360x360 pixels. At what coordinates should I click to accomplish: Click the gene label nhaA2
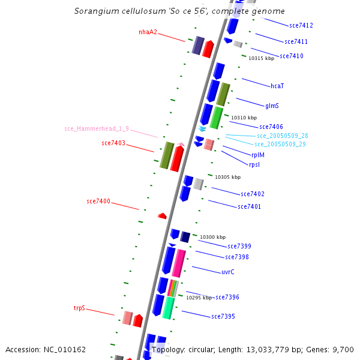[x=148, y=32]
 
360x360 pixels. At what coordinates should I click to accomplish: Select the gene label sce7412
[x=301, y=25]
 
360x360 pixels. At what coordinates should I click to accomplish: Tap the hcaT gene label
[x=277, y=86]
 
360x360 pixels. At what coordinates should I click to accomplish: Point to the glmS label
[x=272, y=106]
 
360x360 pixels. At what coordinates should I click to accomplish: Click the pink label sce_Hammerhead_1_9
[x=96, y=128]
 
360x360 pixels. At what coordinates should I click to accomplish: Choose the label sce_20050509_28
[x=282, y=136]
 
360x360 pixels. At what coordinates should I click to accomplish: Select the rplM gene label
[x=258, y=155]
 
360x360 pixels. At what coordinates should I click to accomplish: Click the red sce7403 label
[x=113, y=143]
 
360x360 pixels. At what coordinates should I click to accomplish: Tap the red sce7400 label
[x=98, y=201]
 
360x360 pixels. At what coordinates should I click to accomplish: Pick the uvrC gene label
[x=228, y=272]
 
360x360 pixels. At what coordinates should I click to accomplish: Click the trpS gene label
[x=80, y=308]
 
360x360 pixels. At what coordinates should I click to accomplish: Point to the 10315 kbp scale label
[x=261, y=58]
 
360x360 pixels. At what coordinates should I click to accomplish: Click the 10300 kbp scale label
[x=212, y=238]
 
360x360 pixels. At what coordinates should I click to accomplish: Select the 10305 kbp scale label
[x=227, y=177]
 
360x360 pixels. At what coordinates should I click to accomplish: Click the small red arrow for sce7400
[x=162, y=215]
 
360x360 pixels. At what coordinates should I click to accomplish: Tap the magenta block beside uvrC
[x=179, y=263]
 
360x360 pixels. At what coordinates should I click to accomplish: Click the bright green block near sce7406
[x=216, y=118]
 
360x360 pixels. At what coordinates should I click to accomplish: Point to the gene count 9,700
[x=343, y=349]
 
